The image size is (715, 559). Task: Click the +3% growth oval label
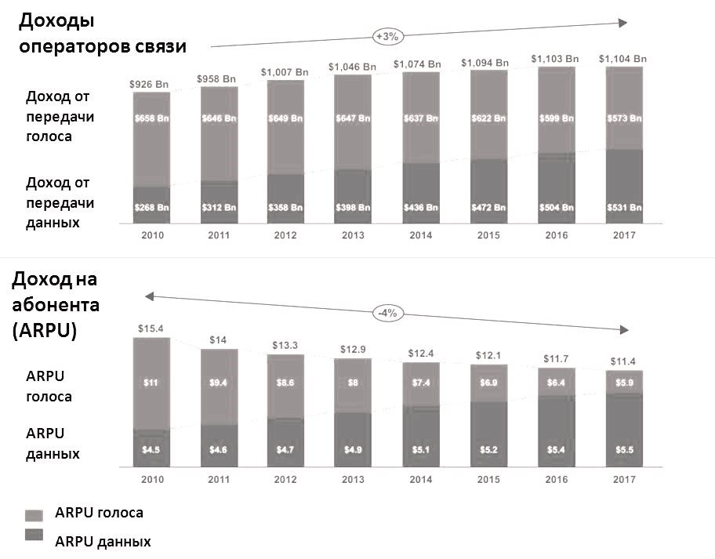[x=387, y=36]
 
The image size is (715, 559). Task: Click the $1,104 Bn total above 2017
[x=623, y=58]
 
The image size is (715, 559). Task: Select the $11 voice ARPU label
[x=151, y=383]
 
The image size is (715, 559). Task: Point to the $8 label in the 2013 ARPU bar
[x=352, y=383]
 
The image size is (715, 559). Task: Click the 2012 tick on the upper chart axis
[x=285, y=234]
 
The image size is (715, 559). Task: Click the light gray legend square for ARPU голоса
[x=34, y=514]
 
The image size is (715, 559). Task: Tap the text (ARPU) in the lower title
[x=45, y=330]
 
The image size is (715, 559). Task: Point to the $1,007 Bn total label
[x=285, y=72]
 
